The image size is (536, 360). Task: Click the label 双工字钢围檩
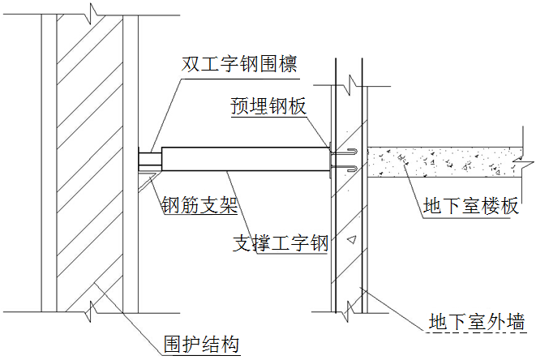pyautogui.click(x=239, y=63)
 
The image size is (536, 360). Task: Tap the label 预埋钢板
pyautogui.click(x=268, y=105)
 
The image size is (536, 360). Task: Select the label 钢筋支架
pyautogui.click(x=199, y=205)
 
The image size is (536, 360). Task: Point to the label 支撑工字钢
pyautogui.click(x=281, y=243)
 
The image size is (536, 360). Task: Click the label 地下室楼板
pyautogui.click(x=470, y=206)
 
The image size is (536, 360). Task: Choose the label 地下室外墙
pyautogui.click(x=477, y=321)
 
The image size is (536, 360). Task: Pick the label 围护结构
pyautogui.click(x=201, y=344)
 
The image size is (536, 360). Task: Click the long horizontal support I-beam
pyautogui.click(x=246, y=159)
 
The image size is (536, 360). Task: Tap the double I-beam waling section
pyautogui.click(x=150, y=159)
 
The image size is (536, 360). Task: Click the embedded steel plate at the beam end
pyautogui.click(x=330, y=160)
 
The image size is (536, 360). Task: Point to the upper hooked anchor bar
pyautogui.click(x=345, y=152)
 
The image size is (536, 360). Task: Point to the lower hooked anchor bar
pyautogui.click(x=345, y=168)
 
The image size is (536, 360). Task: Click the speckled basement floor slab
pyautogui.click(x=444, y=162)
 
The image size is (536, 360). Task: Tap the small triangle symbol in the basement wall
pyautogui.click(x=352, y=240)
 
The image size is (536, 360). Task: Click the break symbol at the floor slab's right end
pyautogui.click(x=522, y=162)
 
